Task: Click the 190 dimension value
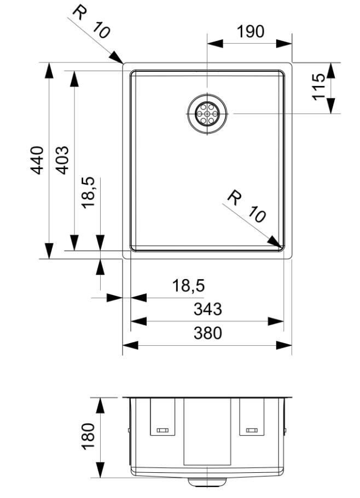[250, 31]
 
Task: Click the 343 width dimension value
[208, 309]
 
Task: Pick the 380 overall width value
[208, 333]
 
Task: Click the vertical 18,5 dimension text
[88, 193]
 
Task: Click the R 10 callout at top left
[90, 22]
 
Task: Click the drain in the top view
[207, 113]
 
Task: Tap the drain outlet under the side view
[207, 482]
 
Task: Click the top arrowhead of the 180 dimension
[100, 406]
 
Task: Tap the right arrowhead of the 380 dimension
[284, 345]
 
